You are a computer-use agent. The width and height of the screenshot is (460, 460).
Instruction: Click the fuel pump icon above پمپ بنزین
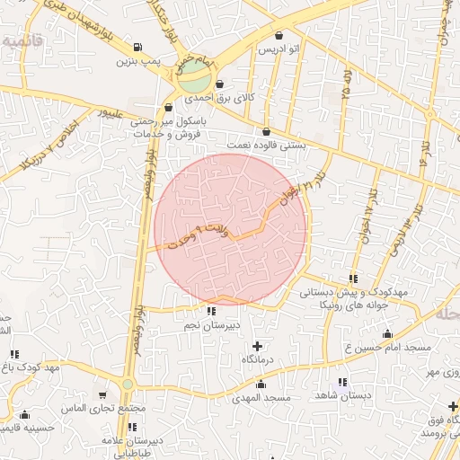tap(137, 49)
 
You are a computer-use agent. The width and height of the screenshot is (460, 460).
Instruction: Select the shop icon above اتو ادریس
tap(279, 36)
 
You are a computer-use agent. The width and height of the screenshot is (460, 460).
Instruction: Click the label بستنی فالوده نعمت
tap(267, 145)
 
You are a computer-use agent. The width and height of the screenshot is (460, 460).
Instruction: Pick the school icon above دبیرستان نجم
tap(211, 312)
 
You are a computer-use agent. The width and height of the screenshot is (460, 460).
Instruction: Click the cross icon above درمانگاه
tap(258, 346)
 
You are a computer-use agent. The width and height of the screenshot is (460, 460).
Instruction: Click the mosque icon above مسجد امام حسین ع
tap(387, 334)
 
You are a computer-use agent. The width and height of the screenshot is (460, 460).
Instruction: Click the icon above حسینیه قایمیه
tap(24, 415)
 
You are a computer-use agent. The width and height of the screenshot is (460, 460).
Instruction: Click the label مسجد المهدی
tap(261, 396)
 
